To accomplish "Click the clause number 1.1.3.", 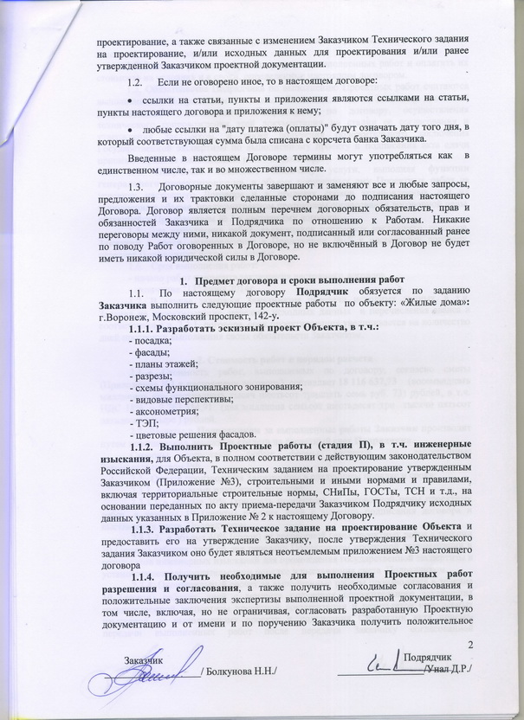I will point(144,528).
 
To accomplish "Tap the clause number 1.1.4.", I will point(144,575).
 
